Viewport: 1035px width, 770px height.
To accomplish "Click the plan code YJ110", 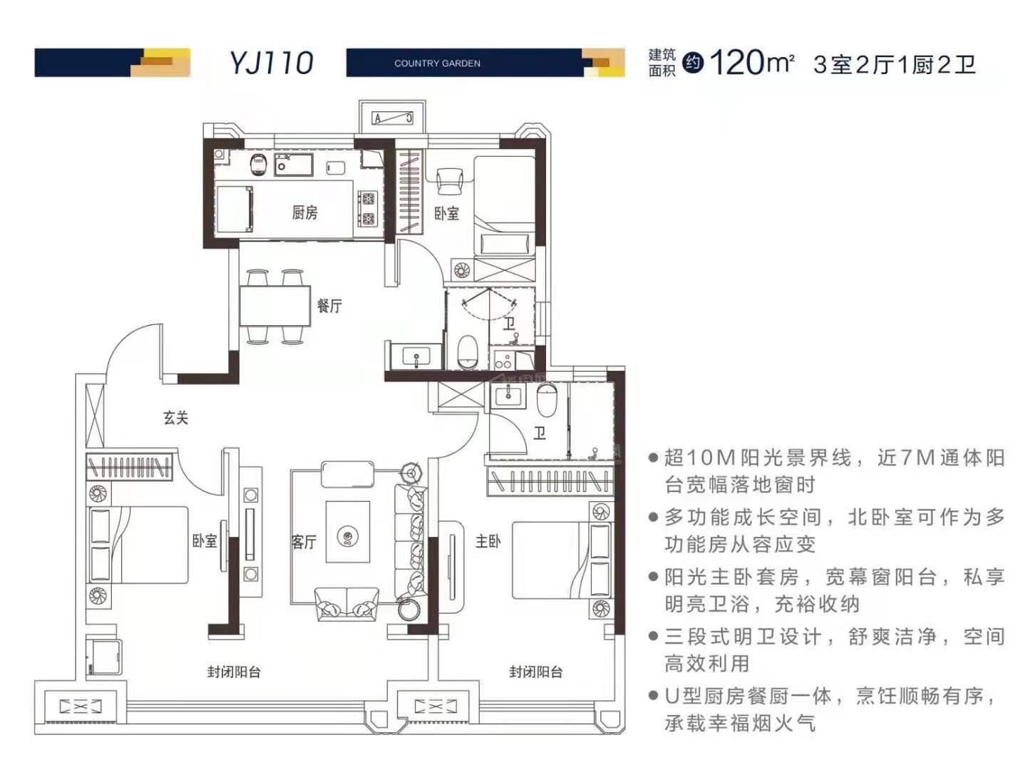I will coord(271,63).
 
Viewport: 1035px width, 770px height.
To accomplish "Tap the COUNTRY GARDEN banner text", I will coord(437,63).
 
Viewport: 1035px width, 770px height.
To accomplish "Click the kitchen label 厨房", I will coord(304,212).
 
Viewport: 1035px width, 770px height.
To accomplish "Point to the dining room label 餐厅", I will coord(329,306).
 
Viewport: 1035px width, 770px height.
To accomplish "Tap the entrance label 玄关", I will coord(175,418).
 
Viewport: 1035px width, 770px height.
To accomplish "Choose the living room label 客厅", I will coord(304,542).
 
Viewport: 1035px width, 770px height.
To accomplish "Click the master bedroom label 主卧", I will coord(488,542).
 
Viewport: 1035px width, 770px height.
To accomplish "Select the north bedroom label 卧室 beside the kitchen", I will coord(447,213).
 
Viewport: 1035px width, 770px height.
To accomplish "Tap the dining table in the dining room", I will coord(274,307).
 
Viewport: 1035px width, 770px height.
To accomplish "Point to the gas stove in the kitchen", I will coord(368,209).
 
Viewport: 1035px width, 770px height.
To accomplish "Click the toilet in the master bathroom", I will coord(547,401).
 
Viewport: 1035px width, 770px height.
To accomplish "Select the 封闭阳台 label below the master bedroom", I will coord(535,672).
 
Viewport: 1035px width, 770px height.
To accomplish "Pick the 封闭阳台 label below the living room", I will coord(234,672).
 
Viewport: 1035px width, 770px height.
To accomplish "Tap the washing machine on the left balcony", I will coord(104,656).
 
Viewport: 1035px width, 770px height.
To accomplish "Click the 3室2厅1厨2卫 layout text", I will coord(894,64).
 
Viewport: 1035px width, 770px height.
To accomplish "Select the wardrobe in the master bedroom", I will coord(549,481).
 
